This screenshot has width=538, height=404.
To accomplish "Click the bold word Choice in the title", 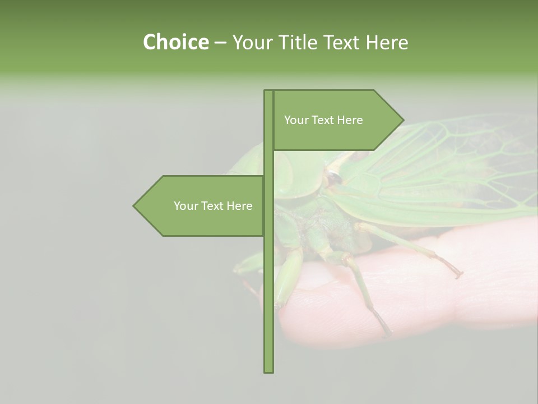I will pyautogui.click(x=175, y=43).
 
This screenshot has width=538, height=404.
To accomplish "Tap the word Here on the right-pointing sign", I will pyautogui.click(x=350, y=120).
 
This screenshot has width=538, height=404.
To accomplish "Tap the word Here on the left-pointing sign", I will pyautogui.click(x=240, y=206).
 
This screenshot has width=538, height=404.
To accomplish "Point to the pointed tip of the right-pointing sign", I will pyautogui.click(x=402, y=120).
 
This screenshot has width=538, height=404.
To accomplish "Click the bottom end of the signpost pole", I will pyautogui.click(x=268, y=371).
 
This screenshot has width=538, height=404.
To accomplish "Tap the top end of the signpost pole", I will pyautogui.click(x=268, y=91).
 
